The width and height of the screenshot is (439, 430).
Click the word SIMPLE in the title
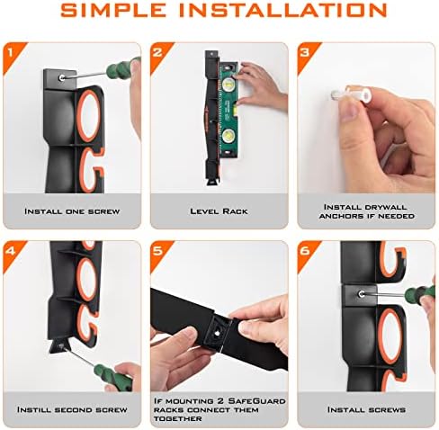click(113, 10)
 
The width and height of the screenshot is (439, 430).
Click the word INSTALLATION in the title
click(283, 10)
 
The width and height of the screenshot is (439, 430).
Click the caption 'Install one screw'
click(72, 211)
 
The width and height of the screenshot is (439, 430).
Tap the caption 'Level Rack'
click(219, 211)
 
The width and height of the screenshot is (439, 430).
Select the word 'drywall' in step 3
click(386, 207)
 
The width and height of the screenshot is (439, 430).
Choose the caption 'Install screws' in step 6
click(366, 409)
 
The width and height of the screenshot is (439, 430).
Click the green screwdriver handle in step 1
click(121, 67)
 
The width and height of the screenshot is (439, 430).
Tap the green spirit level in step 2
click(229, 110)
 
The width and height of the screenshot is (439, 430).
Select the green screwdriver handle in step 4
click(113, 378)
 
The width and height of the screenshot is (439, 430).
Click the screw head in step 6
click(362, 294)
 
